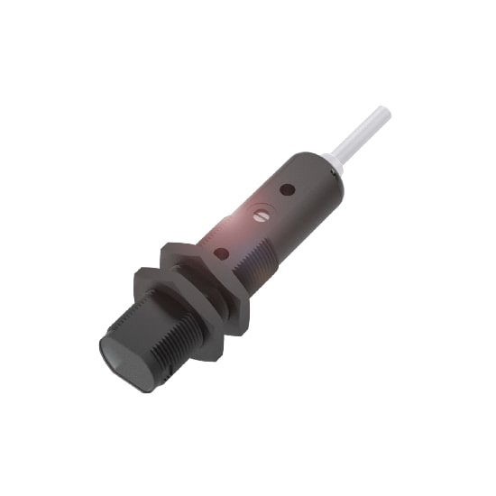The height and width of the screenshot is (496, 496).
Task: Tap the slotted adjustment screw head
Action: [x=262, y=216]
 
